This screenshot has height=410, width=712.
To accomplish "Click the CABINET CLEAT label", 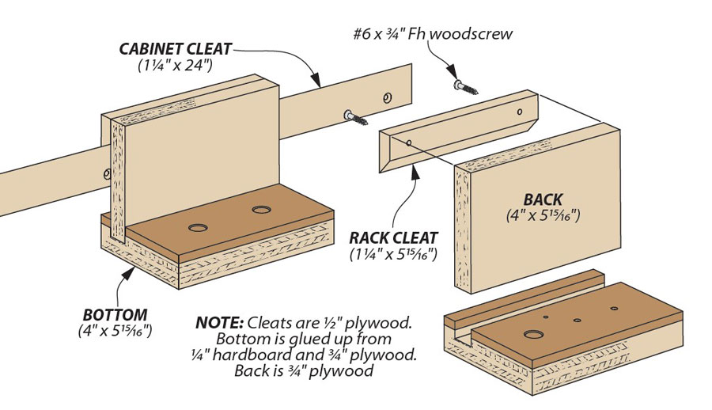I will click(x=176, y=49).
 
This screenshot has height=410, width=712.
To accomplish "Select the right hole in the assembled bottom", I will click(x=260, y=211).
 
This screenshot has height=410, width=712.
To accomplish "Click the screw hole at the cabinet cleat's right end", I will click(x=387, y=98).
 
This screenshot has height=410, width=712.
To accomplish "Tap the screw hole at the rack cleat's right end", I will click(x=519, y=112).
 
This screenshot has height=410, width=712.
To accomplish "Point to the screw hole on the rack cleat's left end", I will click(x=409, y=143).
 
